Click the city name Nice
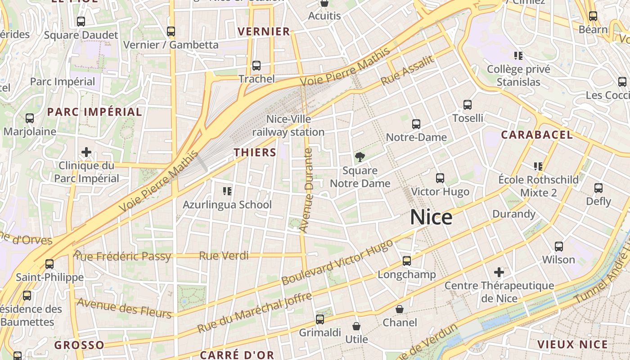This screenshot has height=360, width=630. pos(431,217)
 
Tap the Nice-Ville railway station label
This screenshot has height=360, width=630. pos(288,126)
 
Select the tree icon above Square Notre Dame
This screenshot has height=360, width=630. pos(360,157)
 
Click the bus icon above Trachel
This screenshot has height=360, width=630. pos(256,66)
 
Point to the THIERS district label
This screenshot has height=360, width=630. pos(255,153)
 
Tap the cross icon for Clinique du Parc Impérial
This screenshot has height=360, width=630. pos(86,152)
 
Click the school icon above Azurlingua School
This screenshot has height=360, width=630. pos(227,191)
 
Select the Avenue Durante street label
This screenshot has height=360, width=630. pos(306,190)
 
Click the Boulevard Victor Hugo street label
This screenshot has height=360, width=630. pos(337,262)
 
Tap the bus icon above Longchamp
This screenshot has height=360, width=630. pos(407,261)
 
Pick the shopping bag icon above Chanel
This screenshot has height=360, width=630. pos(399,309)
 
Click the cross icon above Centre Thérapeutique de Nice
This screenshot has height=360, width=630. pos(499,272)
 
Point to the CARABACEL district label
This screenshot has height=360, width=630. pos(537,135)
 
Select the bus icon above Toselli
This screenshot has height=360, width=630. pos(468,105)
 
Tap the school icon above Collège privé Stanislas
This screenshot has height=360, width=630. pos(518,56)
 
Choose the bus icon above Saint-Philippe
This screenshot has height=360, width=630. pos(49,264)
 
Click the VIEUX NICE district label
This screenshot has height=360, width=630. pos(572,345)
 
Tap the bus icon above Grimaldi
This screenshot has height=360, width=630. pos(320,319)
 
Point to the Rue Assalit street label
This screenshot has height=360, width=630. pos(407,70)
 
